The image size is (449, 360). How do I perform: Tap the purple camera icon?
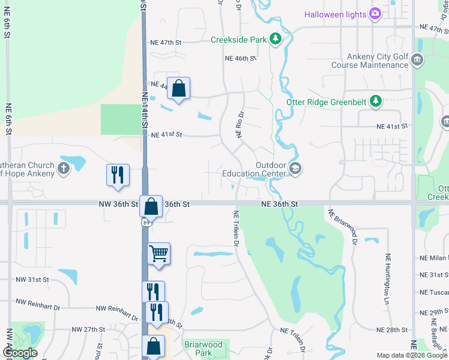[x=375, y=13]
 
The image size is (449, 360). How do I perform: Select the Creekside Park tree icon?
[x=275, y=40]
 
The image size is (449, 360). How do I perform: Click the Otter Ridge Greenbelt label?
[x=327, y=101]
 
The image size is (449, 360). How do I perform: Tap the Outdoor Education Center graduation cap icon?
[x=295, y=169]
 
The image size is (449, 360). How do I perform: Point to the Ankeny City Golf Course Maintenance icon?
[x=418, y=60]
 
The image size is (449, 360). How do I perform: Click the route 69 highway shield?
[x=146, y=222]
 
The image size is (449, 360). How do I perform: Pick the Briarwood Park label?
[x=203, y=349]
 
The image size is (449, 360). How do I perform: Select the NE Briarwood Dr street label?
[x=343, y=226]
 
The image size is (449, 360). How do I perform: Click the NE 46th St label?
[x=240, y=58]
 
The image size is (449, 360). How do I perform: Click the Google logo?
[x=20, y=352]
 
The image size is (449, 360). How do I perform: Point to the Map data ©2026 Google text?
[x=411, y=356]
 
